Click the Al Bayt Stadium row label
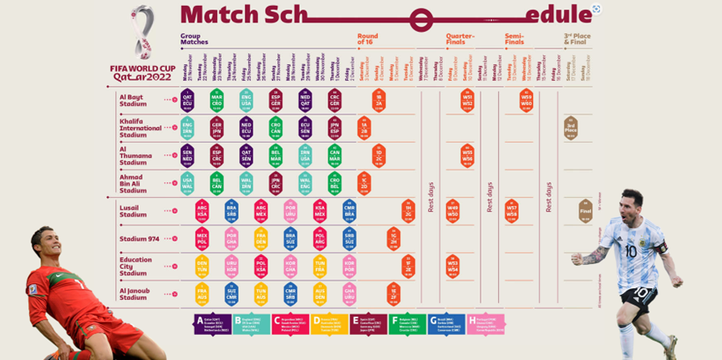132,100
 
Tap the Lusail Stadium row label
133,210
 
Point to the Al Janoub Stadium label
135,293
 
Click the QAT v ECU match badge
187,100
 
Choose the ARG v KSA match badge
201,210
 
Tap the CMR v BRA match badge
349,210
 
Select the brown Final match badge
586,212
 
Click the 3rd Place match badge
571,128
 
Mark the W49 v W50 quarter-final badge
453,211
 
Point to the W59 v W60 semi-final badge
526,100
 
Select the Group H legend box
486,324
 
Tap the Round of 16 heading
368,39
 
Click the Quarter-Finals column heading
460,39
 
